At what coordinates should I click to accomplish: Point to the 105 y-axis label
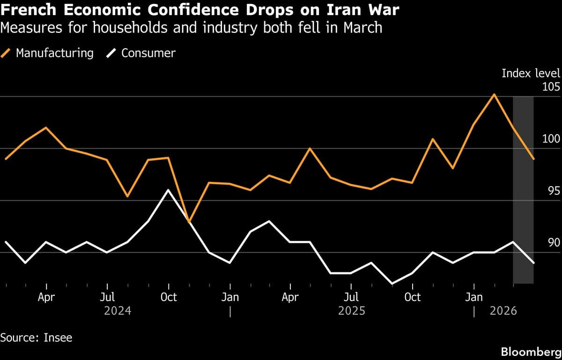(x=551, y=87)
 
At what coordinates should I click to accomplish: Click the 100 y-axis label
(x=551, y=139)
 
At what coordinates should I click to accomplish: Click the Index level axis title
(x=531, y=73)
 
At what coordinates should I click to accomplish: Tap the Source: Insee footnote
(x=37, y=337)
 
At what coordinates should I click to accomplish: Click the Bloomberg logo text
(x=531, y=351)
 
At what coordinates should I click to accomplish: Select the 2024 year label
(x=118, y=311)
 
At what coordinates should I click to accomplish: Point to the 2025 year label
(x=352, y=311)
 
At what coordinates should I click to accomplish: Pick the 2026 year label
(x=503, y=311)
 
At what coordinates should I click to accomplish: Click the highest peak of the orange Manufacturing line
(x=494, y=95)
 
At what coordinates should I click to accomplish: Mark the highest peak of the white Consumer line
(x=169, y=190)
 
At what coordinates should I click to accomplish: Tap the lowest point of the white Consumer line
(x=392, y=284)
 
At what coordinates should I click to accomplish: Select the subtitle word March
(x=363, y=28)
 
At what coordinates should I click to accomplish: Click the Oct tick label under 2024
(x=169, y=297)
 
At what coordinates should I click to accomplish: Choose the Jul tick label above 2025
(x=351, y=297)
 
